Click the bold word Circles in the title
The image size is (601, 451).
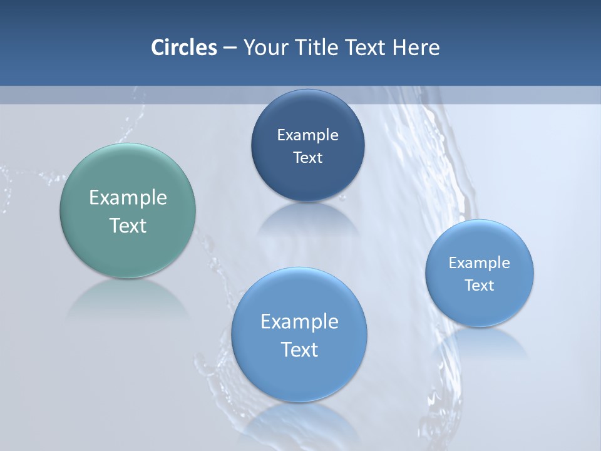pos(184,48)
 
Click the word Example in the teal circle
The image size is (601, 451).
pos(128,198)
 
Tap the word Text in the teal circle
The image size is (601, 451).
pos(128,225)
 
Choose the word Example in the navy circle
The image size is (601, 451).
pos(307,135)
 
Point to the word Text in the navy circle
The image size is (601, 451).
pos(307,157)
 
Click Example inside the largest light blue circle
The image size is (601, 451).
pos(299,322)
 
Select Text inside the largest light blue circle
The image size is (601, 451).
pos(299,350)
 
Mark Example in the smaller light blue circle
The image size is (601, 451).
pos(480,263)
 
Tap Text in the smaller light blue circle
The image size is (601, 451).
pos(480,286)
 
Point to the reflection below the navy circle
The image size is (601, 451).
pos(307,219)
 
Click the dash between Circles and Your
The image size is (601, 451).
pos(230,48)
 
